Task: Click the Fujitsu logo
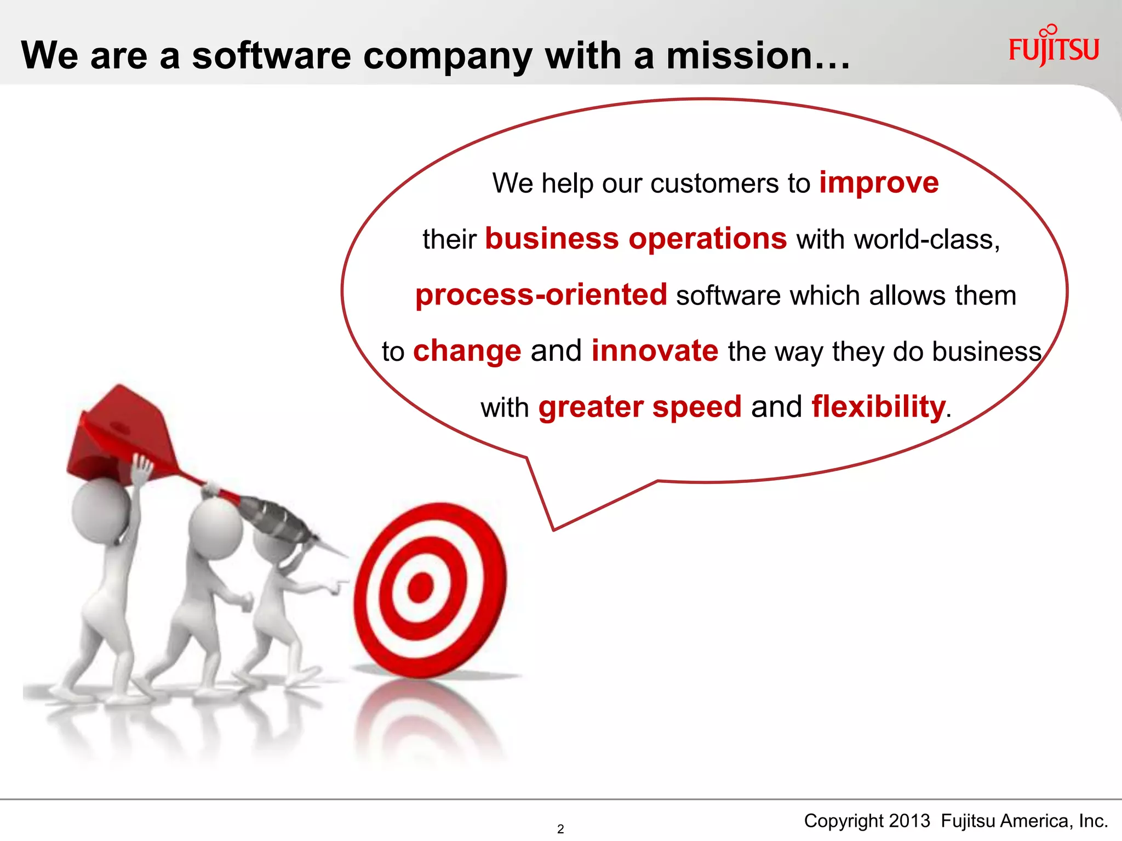pos(1053,48)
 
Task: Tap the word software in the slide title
pos(271,56)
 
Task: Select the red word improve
pos(879,183)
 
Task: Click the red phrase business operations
pos(636,239)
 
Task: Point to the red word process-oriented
pos(541,295)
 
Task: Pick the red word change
pos(467,351)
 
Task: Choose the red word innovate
pos(655,351)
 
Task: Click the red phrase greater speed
pos(639,407)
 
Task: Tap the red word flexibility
pos(878,407)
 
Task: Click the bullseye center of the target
pos(421,587)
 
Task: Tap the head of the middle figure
pos(215,528)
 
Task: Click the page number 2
pos(560,829)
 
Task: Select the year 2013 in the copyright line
pos(909,821)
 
